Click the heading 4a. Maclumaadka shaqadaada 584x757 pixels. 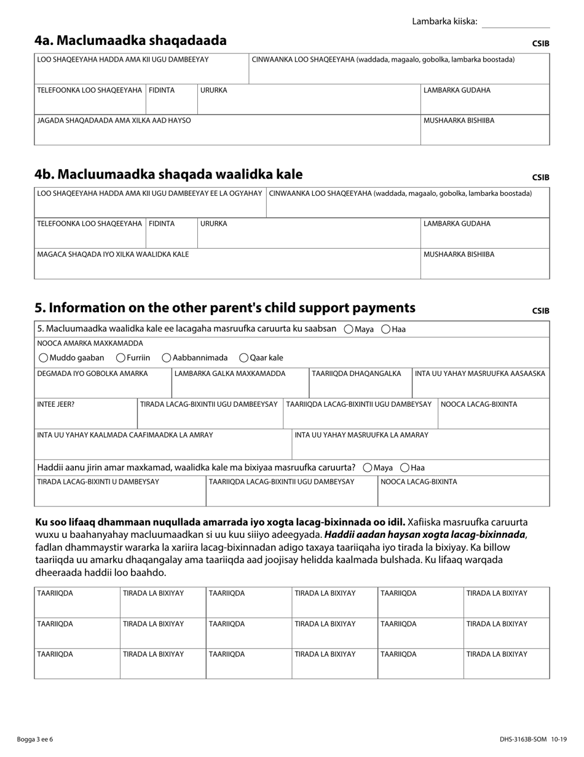(130, 41)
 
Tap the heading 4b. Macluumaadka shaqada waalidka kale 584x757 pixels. (168, 174)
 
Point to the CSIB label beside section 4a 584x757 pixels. (540, 44)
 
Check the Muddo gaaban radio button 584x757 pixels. (43, 358)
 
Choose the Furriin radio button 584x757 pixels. (120, 358)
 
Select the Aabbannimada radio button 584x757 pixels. (167, 358)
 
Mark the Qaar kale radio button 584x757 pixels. (243, 358)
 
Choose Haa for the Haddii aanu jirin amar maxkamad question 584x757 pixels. (405, 468)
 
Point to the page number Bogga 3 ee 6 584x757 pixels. (35, 739)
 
